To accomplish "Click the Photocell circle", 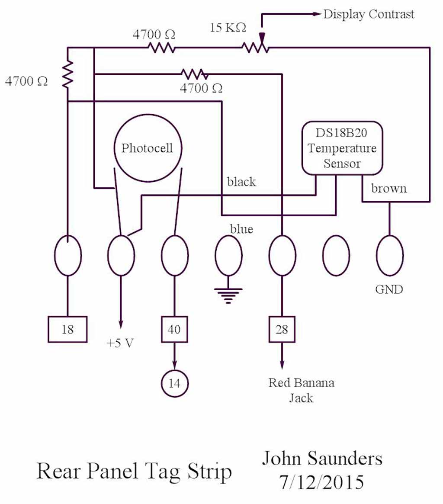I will coord(147,148).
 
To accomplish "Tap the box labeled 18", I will coord(67,330).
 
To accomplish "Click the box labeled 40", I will coord(174,330).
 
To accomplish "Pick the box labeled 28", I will coord(282,330).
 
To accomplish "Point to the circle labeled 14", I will coord(174,383).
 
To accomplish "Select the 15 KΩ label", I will coord(228,28).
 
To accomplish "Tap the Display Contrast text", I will coord(369,14).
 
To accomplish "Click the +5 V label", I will coord(121,343).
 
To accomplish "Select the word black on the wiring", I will coord(241,182).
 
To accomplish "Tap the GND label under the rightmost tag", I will coord(389,289).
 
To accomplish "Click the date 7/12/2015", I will coord(322,482).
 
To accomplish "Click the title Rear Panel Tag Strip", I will coord(134,471).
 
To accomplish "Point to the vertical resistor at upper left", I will coord(67,74).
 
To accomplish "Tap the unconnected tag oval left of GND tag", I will coord(336,256).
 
